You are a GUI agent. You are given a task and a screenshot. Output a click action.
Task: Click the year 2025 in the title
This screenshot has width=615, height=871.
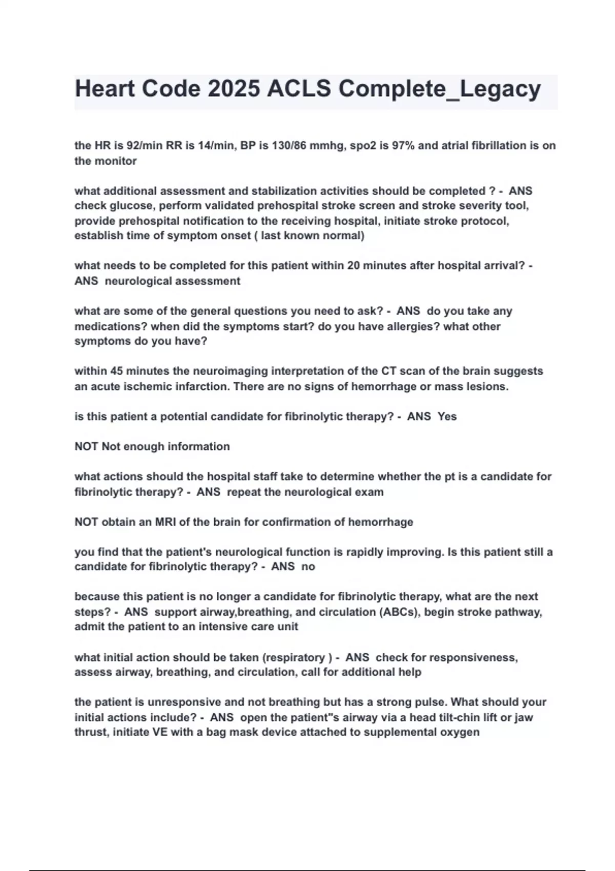[234, 89]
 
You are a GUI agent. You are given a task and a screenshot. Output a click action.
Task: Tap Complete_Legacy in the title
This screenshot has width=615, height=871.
[440, 89]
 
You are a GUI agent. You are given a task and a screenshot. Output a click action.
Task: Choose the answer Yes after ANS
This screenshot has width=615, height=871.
[447, 417]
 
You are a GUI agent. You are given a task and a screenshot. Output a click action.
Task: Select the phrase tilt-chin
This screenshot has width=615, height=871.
[467, 717]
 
